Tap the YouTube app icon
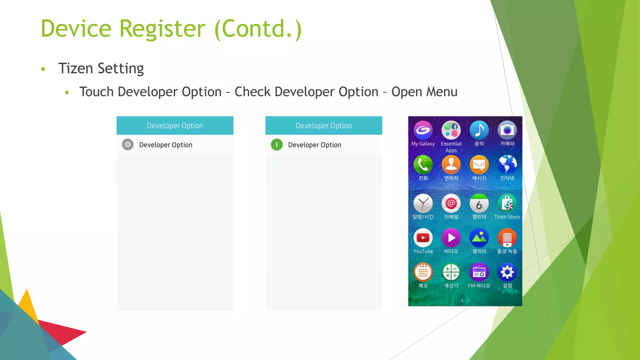[423, 238]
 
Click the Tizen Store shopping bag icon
[507, 204]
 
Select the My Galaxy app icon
[423, 130]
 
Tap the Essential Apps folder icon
[451, 130]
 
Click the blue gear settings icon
[507, 272]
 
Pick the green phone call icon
[423, 165]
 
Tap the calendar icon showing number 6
[479, 204]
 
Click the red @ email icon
[451, 204]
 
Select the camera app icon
[507, 130]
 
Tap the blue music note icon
[479, 130]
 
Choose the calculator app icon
[451, 272]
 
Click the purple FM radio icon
[479, 272]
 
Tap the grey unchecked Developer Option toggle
[127, 145]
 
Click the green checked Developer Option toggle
[277, 145]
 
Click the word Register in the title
[162, 29]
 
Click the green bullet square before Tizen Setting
[43, 69]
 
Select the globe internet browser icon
[507, 165]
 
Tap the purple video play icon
[451, 238]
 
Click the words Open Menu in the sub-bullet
[424, 92]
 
